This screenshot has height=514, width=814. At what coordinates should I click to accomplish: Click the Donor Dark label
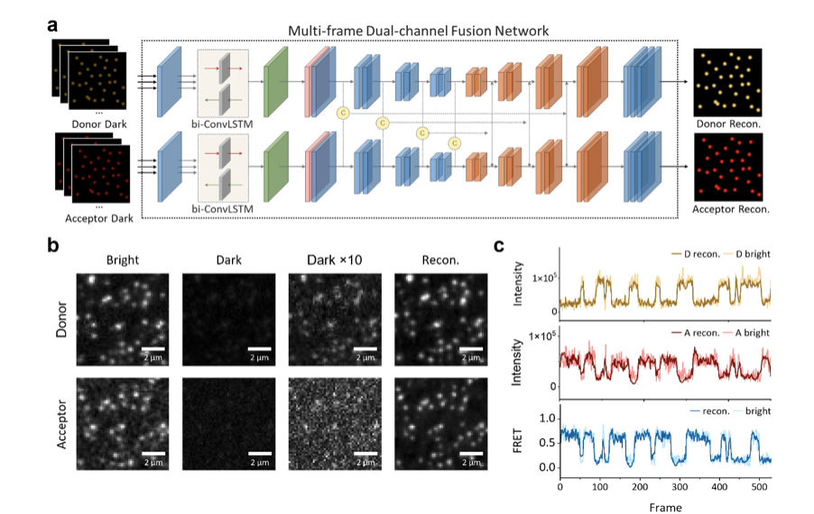100,124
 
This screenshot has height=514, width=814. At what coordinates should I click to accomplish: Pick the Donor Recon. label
727,124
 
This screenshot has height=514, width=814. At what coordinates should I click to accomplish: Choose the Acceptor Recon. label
727,209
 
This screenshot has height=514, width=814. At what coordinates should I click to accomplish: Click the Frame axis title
666,506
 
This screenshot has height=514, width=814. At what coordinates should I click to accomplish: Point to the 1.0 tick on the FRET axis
547,419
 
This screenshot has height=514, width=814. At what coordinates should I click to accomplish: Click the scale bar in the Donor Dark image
260,347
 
